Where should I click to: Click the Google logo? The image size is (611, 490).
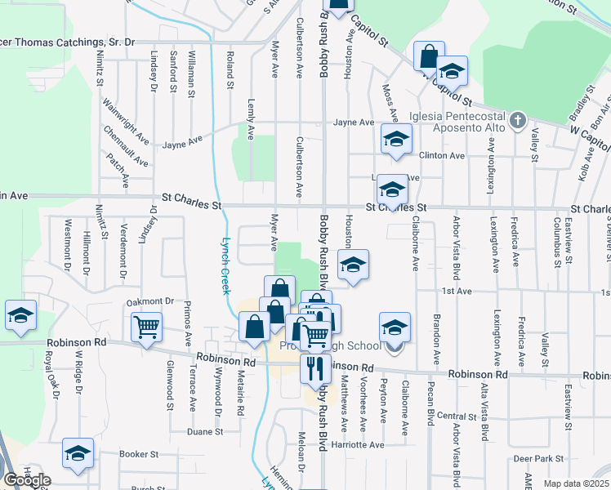click(27, 480)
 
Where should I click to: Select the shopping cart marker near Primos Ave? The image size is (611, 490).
click(146, 328)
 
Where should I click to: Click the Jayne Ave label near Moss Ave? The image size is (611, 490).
click(353, 122)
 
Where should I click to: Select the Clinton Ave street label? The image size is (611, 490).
click(441, 155)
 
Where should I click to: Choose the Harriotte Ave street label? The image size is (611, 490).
click(363, 445)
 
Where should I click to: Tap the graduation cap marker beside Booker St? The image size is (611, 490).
click(78, 453)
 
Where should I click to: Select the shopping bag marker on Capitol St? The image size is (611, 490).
click(429, 56)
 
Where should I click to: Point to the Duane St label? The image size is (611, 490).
click(199, 431)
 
